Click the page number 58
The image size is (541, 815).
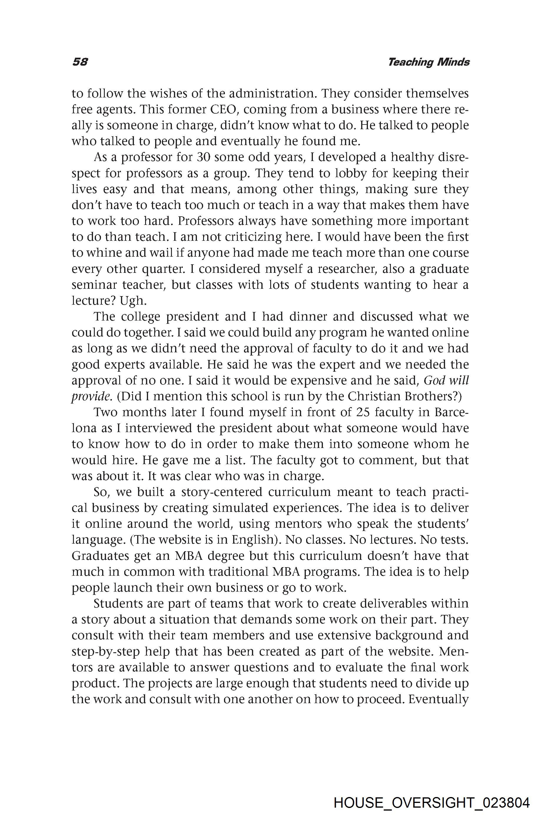[80, 62]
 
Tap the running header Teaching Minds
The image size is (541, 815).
[429, 62]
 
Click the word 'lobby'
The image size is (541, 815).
[349, 173]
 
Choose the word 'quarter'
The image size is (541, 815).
[158, 269]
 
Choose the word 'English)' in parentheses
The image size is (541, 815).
[256, 540]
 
